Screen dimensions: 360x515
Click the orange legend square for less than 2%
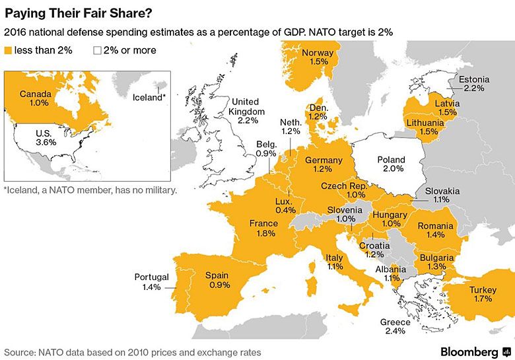point(9,50)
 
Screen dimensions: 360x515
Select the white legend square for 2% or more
point(98,50)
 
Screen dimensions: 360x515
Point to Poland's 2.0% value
point(391,169)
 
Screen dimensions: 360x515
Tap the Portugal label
point(151,277)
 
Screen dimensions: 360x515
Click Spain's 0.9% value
point(219,285)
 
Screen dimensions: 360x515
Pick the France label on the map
point(263,223)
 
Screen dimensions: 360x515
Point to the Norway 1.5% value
point(318,61)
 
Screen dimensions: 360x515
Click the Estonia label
point(474,77)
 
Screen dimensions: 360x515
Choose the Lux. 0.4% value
point(285,210)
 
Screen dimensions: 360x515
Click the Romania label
point(435,226)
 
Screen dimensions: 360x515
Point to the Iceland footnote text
point(90,190)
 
